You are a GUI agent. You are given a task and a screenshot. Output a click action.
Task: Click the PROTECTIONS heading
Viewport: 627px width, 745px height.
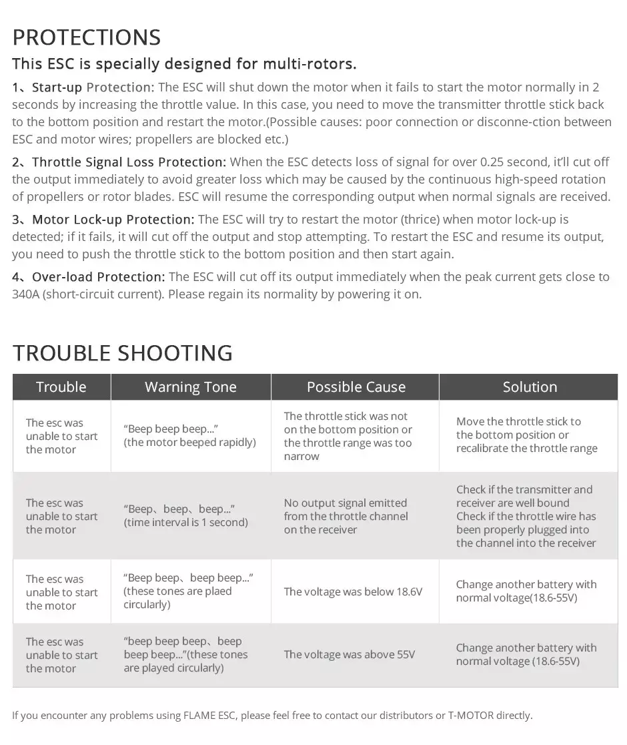pos(87,37)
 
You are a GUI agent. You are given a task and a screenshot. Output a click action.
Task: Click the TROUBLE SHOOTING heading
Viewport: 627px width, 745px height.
pos(123,352)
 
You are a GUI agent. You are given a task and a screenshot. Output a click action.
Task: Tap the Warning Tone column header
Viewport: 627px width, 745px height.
pos(191,387)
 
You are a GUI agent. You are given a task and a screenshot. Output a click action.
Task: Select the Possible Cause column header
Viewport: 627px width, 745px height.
pos(356,387)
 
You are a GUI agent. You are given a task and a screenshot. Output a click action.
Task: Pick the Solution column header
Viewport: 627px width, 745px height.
pos(530,387)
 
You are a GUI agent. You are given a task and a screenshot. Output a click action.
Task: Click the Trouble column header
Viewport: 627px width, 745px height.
pos(61,387)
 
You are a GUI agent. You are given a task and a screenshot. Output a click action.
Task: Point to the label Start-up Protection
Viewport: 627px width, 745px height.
pos(93,87)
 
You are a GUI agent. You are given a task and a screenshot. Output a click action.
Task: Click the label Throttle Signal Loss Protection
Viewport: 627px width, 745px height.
pos(129,162)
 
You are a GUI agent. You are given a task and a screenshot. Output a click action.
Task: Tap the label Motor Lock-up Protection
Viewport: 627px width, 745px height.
pos(113,220)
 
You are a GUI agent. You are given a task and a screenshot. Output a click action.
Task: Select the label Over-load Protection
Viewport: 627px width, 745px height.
pos(98,277)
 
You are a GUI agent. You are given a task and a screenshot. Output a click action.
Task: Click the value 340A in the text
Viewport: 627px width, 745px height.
pos(26,294)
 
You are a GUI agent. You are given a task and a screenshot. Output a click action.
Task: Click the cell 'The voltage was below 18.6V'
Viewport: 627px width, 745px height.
pos(353,592)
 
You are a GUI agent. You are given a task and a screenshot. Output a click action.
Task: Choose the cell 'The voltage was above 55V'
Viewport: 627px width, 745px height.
pos(349,655)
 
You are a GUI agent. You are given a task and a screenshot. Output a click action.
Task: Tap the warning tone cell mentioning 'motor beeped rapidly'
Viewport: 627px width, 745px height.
pos(189,436)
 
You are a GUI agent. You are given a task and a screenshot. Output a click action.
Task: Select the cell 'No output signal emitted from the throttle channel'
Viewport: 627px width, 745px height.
pos(346,516)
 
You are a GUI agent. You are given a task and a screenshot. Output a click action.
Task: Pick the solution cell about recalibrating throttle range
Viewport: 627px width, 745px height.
pos(526,435)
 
